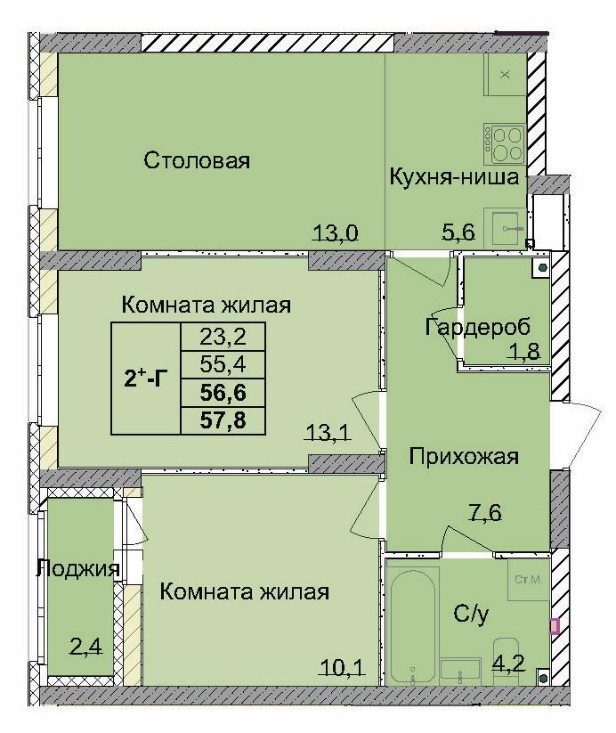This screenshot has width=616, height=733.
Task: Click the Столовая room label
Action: pos(197,161)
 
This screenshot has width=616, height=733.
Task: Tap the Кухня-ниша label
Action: pos(454,177)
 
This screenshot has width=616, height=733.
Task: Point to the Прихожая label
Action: pos(463,458)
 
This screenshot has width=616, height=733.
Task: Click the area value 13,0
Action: pos(335,234)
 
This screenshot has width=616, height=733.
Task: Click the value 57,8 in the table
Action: pos(223,419)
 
